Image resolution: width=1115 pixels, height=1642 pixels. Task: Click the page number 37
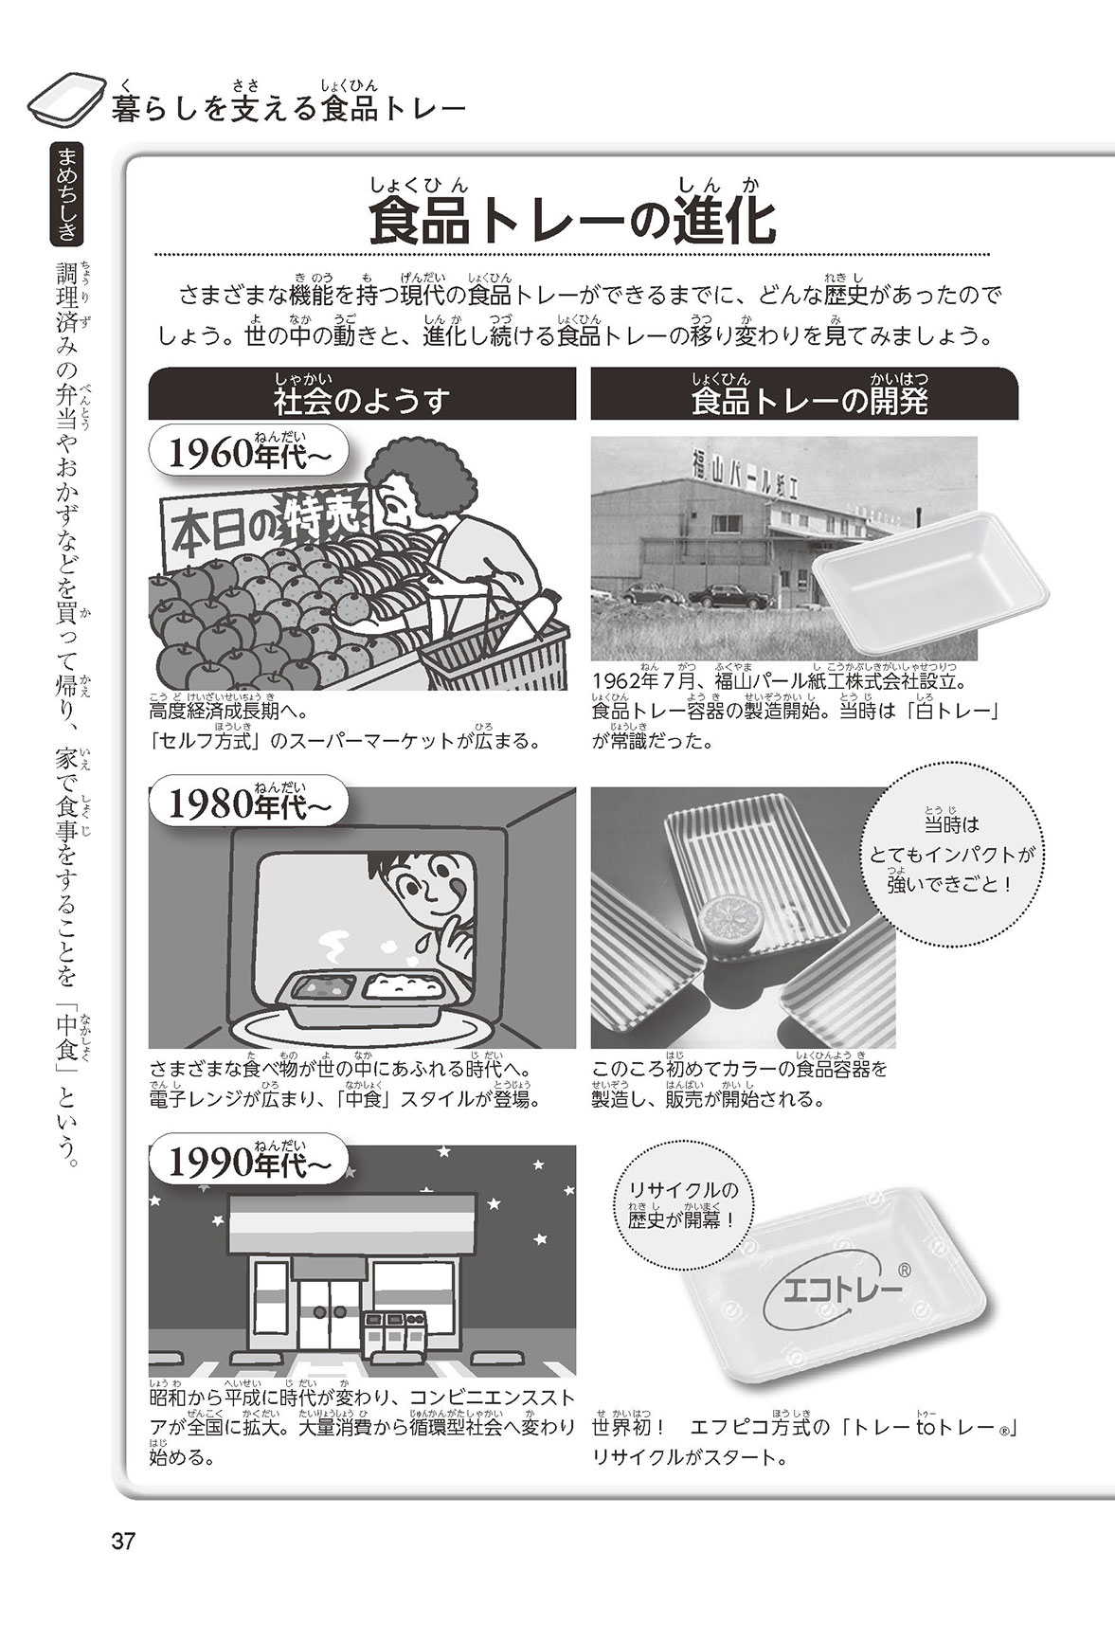click(124, 1541)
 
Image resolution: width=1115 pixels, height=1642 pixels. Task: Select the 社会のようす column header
click(362, 393)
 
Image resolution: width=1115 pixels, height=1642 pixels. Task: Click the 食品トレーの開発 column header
click(804, 393)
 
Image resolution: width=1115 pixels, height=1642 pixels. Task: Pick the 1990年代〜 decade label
click(248, 1164)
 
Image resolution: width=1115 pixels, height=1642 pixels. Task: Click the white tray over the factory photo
click(933, 567)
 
